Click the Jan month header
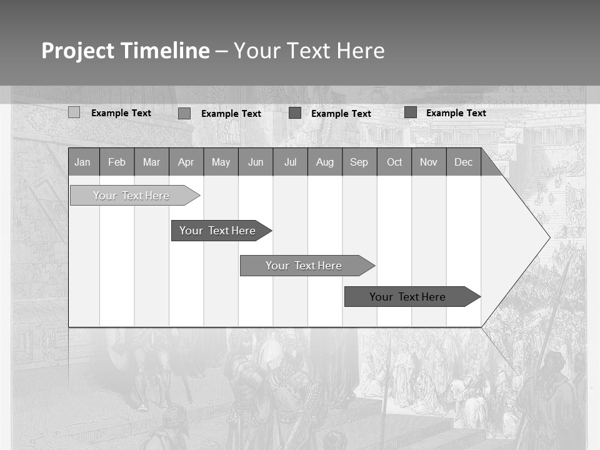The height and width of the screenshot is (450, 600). point(83,162)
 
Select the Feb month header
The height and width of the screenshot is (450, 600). point(117,162)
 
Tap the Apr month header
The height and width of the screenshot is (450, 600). point(186,162)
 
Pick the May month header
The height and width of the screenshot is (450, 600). point(221,162)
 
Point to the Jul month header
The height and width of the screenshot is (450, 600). point(290,162)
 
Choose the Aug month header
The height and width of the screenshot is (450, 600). point(325,162)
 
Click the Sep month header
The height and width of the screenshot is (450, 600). point(359,162)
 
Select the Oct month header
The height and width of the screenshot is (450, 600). point(394,162)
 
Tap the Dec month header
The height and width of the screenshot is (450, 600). point(464,162)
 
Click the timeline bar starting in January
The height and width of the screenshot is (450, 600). point(131,196)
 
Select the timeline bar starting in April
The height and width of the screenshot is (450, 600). point(217,231)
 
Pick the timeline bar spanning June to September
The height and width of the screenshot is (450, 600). point(304,266)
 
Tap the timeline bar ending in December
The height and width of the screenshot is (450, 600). point(407,297)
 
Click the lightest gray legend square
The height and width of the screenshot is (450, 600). point(74,112)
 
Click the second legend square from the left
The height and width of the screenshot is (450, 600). point(184,113)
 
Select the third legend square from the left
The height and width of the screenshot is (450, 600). point(295,113)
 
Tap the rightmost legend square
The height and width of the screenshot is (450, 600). point(411,112)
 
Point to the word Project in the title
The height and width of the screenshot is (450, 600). point(77,51)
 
